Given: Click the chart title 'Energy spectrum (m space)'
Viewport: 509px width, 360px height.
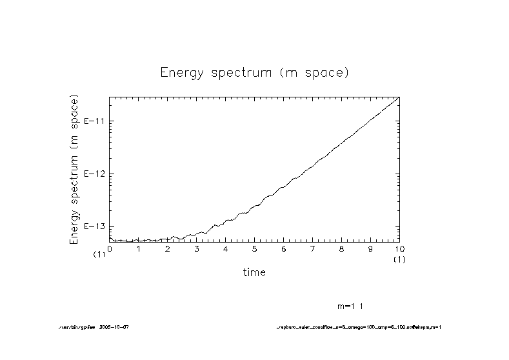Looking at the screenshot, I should [254, 72].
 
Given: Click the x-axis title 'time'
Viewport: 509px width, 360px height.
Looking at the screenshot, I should [254, 272].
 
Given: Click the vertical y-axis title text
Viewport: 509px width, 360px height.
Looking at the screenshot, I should [74, 170].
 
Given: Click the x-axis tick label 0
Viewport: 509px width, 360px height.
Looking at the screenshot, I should [110, 248].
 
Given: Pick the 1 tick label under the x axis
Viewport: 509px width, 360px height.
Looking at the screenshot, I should [139, 248].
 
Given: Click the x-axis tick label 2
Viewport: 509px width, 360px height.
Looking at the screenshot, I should [168, 248].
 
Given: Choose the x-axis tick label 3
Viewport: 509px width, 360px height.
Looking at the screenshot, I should [197, 248].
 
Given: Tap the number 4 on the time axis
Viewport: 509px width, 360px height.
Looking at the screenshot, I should [226, 248].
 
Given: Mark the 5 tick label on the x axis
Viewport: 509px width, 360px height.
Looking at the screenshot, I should [255, 248].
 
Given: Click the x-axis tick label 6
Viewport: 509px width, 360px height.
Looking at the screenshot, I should [284, 248].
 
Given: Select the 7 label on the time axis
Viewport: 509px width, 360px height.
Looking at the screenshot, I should [313, 248].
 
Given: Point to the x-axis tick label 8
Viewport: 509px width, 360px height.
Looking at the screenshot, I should [342, 248].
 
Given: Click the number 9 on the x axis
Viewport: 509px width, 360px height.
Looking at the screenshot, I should [371, 248].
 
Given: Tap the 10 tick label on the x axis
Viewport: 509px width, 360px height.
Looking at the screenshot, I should [399, 248].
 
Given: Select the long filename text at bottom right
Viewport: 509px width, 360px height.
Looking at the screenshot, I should [358, 327].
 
